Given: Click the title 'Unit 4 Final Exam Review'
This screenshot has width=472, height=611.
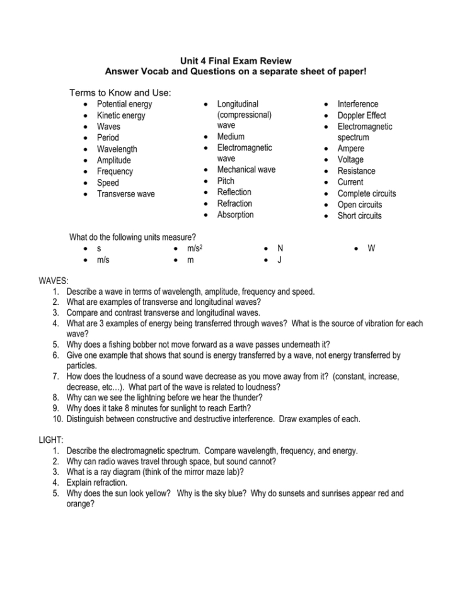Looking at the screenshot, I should (236, 61).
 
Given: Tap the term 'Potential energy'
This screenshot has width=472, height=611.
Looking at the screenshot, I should (124, 104).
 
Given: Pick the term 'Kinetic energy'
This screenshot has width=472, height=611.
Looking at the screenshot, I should (120, 115).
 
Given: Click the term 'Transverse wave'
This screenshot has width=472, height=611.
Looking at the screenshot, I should (125, 194).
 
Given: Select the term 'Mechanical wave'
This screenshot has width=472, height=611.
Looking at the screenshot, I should (246, 170).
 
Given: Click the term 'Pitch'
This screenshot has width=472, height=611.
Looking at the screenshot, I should (226, 181).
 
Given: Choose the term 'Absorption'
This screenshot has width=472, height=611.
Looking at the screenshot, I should (235, 215).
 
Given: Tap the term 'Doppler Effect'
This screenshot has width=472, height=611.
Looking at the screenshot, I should (362, 115).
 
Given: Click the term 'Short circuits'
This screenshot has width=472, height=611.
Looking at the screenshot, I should (359, 216).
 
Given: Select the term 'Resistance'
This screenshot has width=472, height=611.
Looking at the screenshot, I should (356, 171).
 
